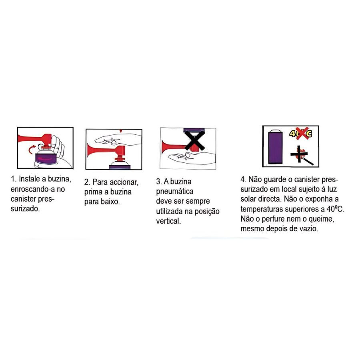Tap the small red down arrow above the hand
coord(121,131)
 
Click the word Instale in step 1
coord(29,179)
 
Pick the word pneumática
coord(175,192)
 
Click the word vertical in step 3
coord(168,221)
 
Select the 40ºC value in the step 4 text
coord(335,209)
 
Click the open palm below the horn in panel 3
coord(192,158)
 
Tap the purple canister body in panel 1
coord(45,159)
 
